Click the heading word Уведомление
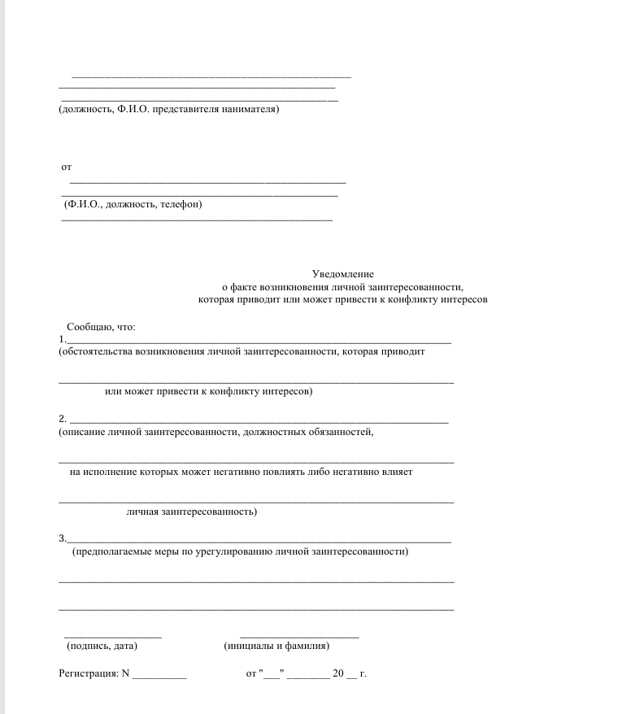coord(343,275)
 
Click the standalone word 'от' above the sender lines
coord(67,168)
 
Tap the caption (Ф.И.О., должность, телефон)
coord(133,204)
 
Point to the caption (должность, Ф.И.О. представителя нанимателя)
coord(169,109)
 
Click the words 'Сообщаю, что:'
coord(102,327)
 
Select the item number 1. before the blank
coord(63,338)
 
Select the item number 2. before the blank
coord(63,419)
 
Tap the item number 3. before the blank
coord(63,538)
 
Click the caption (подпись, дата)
coord(102,647)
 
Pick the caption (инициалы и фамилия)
coord(276,647)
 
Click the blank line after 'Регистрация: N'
coord(159,677)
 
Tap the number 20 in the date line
coord(338,674)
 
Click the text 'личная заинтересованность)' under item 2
coord(192,512)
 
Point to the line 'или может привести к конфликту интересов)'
coord(209,392)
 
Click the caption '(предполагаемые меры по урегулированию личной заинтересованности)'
coord(240,552)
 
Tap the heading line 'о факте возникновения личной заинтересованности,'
coord(343,287)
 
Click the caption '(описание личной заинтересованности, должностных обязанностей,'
coord(216,432)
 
